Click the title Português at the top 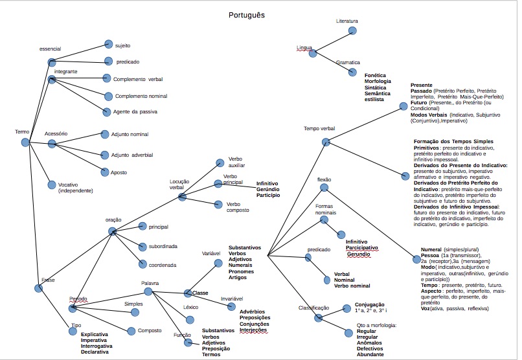247,14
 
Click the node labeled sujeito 123,46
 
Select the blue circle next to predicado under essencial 108,62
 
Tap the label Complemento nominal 141,96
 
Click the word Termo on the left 22,132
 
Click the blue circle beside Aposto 106,172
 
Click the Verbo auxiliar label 236,161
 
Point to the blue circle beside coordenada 143,264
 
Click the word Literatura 347,21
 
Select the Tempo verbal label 319,129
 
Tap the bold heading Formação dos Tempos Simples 453,141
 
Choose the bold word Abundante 370,354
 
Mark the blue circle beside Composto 131,331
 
